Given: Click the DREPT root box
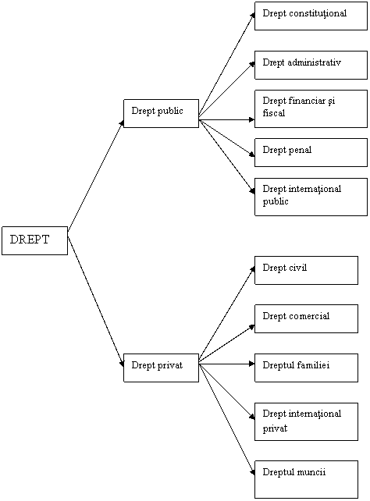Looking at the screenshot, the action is tap(34, 240).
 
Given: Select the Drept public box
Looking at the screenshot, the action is tap(161, 113).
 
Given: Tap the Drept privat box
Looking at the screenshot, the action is tap(161, 368).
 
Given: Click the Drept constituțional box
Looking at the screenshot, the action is tap(311, 16).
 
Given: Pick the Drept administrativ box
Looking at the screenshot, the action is tap(311, 65).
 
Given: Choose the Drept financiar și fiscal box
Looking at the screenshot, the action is tap(311, 108).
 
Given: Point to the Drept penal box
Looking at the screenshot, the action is tap(311, 152).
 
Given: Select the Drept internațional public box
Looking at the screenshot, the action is tap(311, 197).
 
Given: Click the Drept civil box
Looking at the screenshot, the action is tap(306, 270).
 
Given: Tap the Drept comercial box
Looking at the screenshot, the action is tap(306, 319).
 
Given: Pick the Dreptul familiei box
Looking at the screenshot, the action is tap(306, 368).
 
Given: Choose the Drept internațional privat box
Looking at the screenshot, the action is tap(306, 421).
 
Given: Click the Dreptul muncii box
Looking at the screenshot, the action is tap(306, 480).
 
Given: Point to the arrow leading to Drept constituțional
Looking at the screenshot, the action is tap(226, 66).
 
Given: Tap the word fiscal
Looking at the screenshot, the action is tap(274, 113).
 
